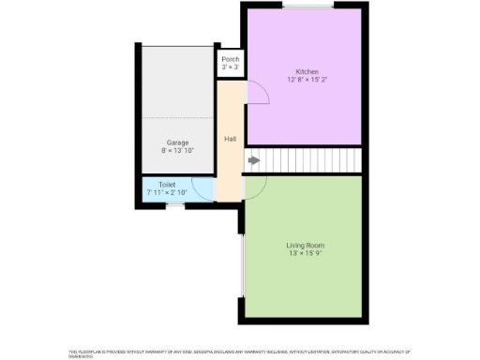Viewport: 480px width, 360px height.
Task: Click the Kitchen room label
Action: tap(307, 72)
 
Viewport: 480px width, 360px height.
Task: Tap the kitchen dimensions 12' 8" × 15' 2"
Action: tap(307, 80)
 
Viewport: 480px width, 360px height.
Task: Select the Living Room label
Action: tap(305, 245)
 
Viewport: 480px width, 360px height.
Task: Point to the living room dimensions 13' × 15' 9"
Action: tap(305, 253)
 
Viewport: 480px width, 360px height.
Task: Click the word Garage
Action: tap(177, 142)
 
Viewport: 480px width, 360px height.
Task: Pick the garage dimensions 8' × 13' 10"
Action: tap(177, 150)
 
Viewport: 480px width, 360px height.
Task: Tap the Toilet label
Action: tap(167, 185)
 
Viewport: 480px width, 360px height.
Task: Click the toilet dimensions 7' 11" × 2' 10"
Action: tap(167, 192)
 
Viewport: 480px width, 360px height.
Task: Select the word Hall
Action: tap(230, 140)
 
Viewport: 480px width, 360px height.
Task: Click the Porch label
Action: tap(230, 60)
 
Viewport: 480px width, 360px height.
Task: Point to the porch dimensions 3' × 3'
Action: tap(230, 67)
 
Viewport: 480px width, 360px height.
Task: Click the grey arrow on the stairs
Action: tap(253, 160)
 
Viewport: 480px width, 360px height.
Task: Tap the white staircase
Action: tap(309, 160)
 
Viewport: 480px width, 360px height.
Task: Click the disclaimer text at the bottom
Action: tap(239, 352)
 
